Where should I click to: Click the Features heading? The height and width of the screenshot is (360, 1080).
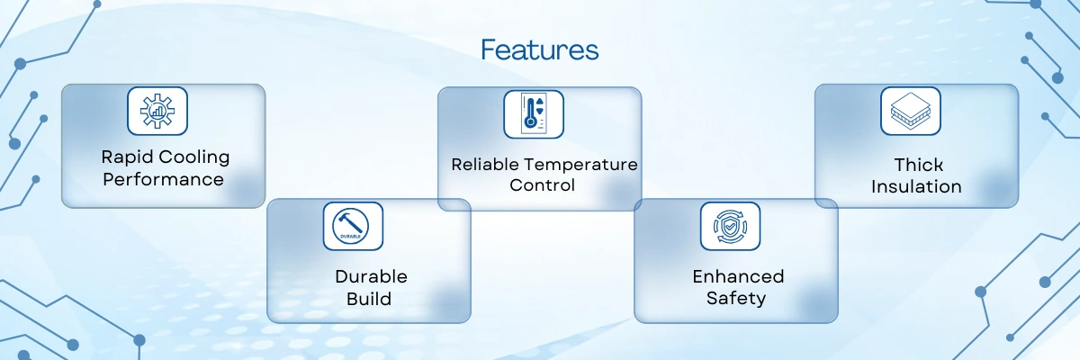[539, 49]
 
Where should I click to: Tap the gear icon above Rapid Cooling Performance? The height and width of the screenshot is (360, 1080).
[157, 111]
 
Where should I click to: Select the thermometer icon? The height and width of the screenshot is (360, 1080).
[533, 114]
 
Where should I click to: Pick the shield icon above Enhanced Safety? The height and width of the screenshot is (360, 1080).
[730, 226]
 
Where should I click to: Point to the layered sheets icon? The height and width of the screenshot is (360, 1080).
[910, 112]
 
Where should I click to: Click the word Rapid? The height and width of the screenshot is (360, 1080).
[127, 157]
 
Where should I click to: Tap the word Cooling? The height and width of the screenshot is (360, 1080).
[193, 157]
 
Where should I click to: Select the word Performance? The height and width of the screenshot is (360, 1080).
[163, 179]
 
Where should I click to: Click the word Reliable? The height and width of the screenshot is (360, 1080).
[484, 165]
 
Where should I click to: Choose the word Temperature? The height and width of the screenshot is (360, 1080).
[580, 166]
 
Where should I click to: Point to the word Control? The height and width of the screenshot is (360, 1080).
[542, 185]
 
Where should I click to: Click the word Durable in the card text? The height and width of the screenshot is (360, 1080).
[371, 276]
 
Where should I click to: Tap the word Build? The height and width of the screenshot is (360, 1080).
[369, 299]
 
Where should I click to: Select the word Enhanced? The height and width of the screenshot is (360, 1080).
[738, 276]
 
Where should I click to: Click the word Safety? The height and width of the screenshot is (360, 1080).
[736, 298]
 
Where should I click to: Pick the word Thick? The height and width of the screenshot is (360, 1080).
[919, 165]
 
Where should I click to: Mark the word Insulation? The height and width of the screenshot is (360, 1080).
[916, 186]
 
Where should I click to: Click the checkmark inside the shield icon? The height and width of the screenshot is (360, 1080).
[731, 226]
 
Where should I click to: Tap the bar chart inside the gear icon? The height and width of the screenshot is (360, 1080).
[157, 112]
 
